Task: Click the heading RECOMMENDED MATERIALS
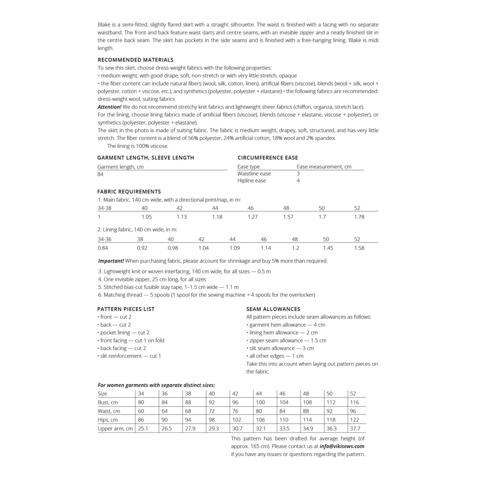pos(135,60)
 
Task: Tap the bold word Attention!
pos(109,107)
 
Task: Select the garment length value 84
pos(100,174)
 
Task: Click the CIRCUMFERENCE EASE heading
pos(268,158)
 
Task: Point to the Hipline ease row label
pos(252,181)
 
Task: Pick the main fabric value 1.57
pos(288,217)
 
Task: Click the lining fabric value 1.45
pos(328,248)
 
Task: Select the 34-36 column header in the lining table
pos(104,239)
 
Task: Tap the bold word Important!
pos(111,261)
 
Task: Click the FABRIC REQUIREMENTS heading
pos(129,192)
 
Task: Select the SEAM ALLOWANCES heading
pos(273,309)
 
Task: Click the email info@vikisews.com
pos(342,446)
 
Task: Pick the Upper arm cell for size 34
pos(143,429)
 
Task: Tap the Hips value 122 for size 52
pos(354,420)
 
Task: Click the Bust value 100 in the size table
pos(260,403)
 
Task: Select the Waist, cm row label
pos(109,411)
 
